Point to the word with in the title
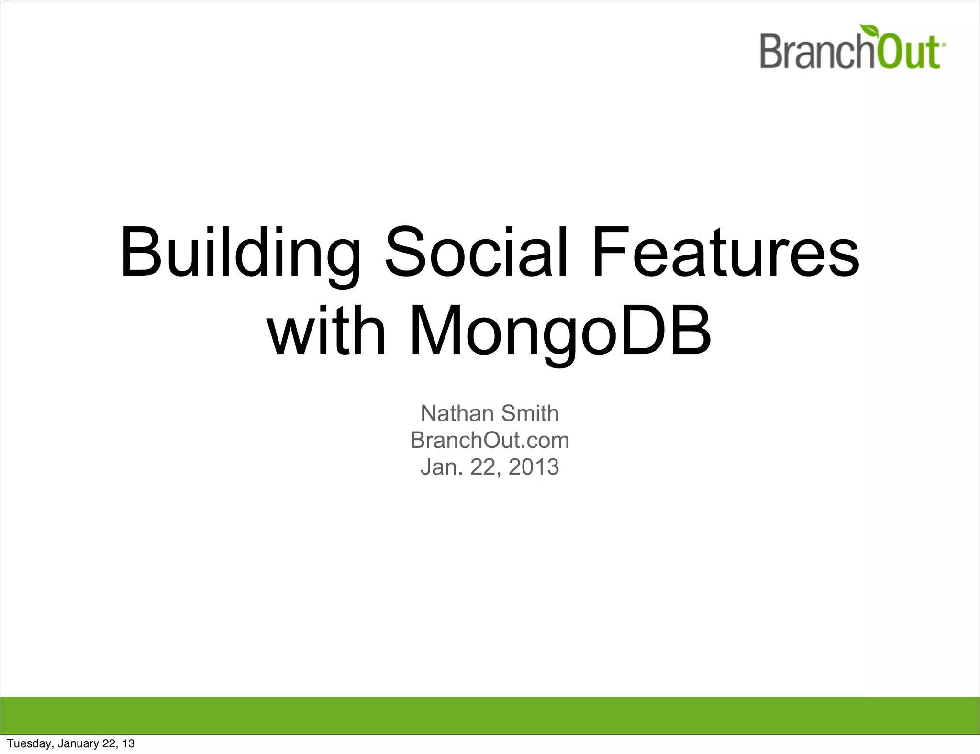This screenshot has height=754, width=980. pos(326,331)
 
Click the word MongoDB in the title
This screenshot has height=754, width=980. pos(560,331)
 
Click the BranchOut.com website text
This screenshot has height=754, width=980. pos(490,440)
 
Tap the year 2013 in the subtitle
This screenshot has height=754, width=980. pos(534,467)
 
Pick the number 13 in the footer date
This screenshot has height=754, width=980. pos(128,743)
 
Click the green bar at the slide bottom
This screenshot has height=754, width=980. pos(490,715)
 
